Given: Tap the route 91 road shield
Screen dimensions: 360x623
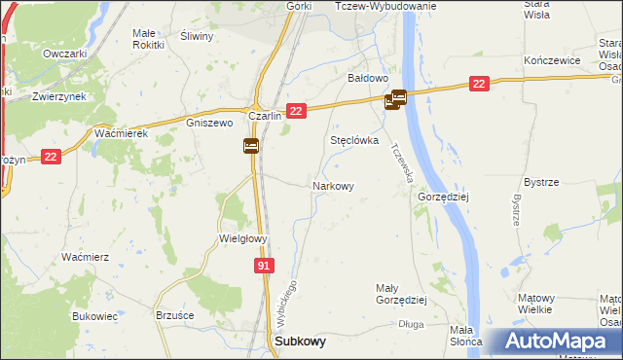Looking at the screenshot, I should tap(266, 265).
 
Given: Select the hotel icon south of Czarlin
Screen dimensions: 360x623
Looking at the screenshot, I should tap(250, 146).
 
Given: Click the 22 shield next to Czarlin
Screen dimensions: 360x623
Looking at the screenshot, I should tap(298, 112).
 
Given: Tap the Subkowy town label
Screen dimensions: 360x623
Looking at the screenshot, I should tap(301, 342).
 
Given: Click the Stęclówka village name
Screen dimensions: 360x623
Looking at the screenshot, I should tap(354, 140).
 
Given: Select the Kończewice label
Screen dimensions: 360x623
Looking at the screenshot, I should tap(552, 60).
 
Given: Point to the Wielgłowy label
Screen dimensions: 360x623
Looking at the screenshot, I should tap(242, 237).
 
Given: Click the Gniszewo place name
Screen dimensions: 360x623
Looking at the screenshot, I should tap(208, 124).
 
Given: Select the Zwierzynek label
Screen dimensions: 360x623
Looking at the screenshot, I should tap(55, 97).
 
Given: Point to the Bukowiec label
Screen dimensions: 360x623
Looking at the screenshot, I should tap(94, 316).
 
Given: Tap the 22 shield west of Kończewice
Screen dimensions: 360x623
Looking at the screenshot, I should tap(477, 85).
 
